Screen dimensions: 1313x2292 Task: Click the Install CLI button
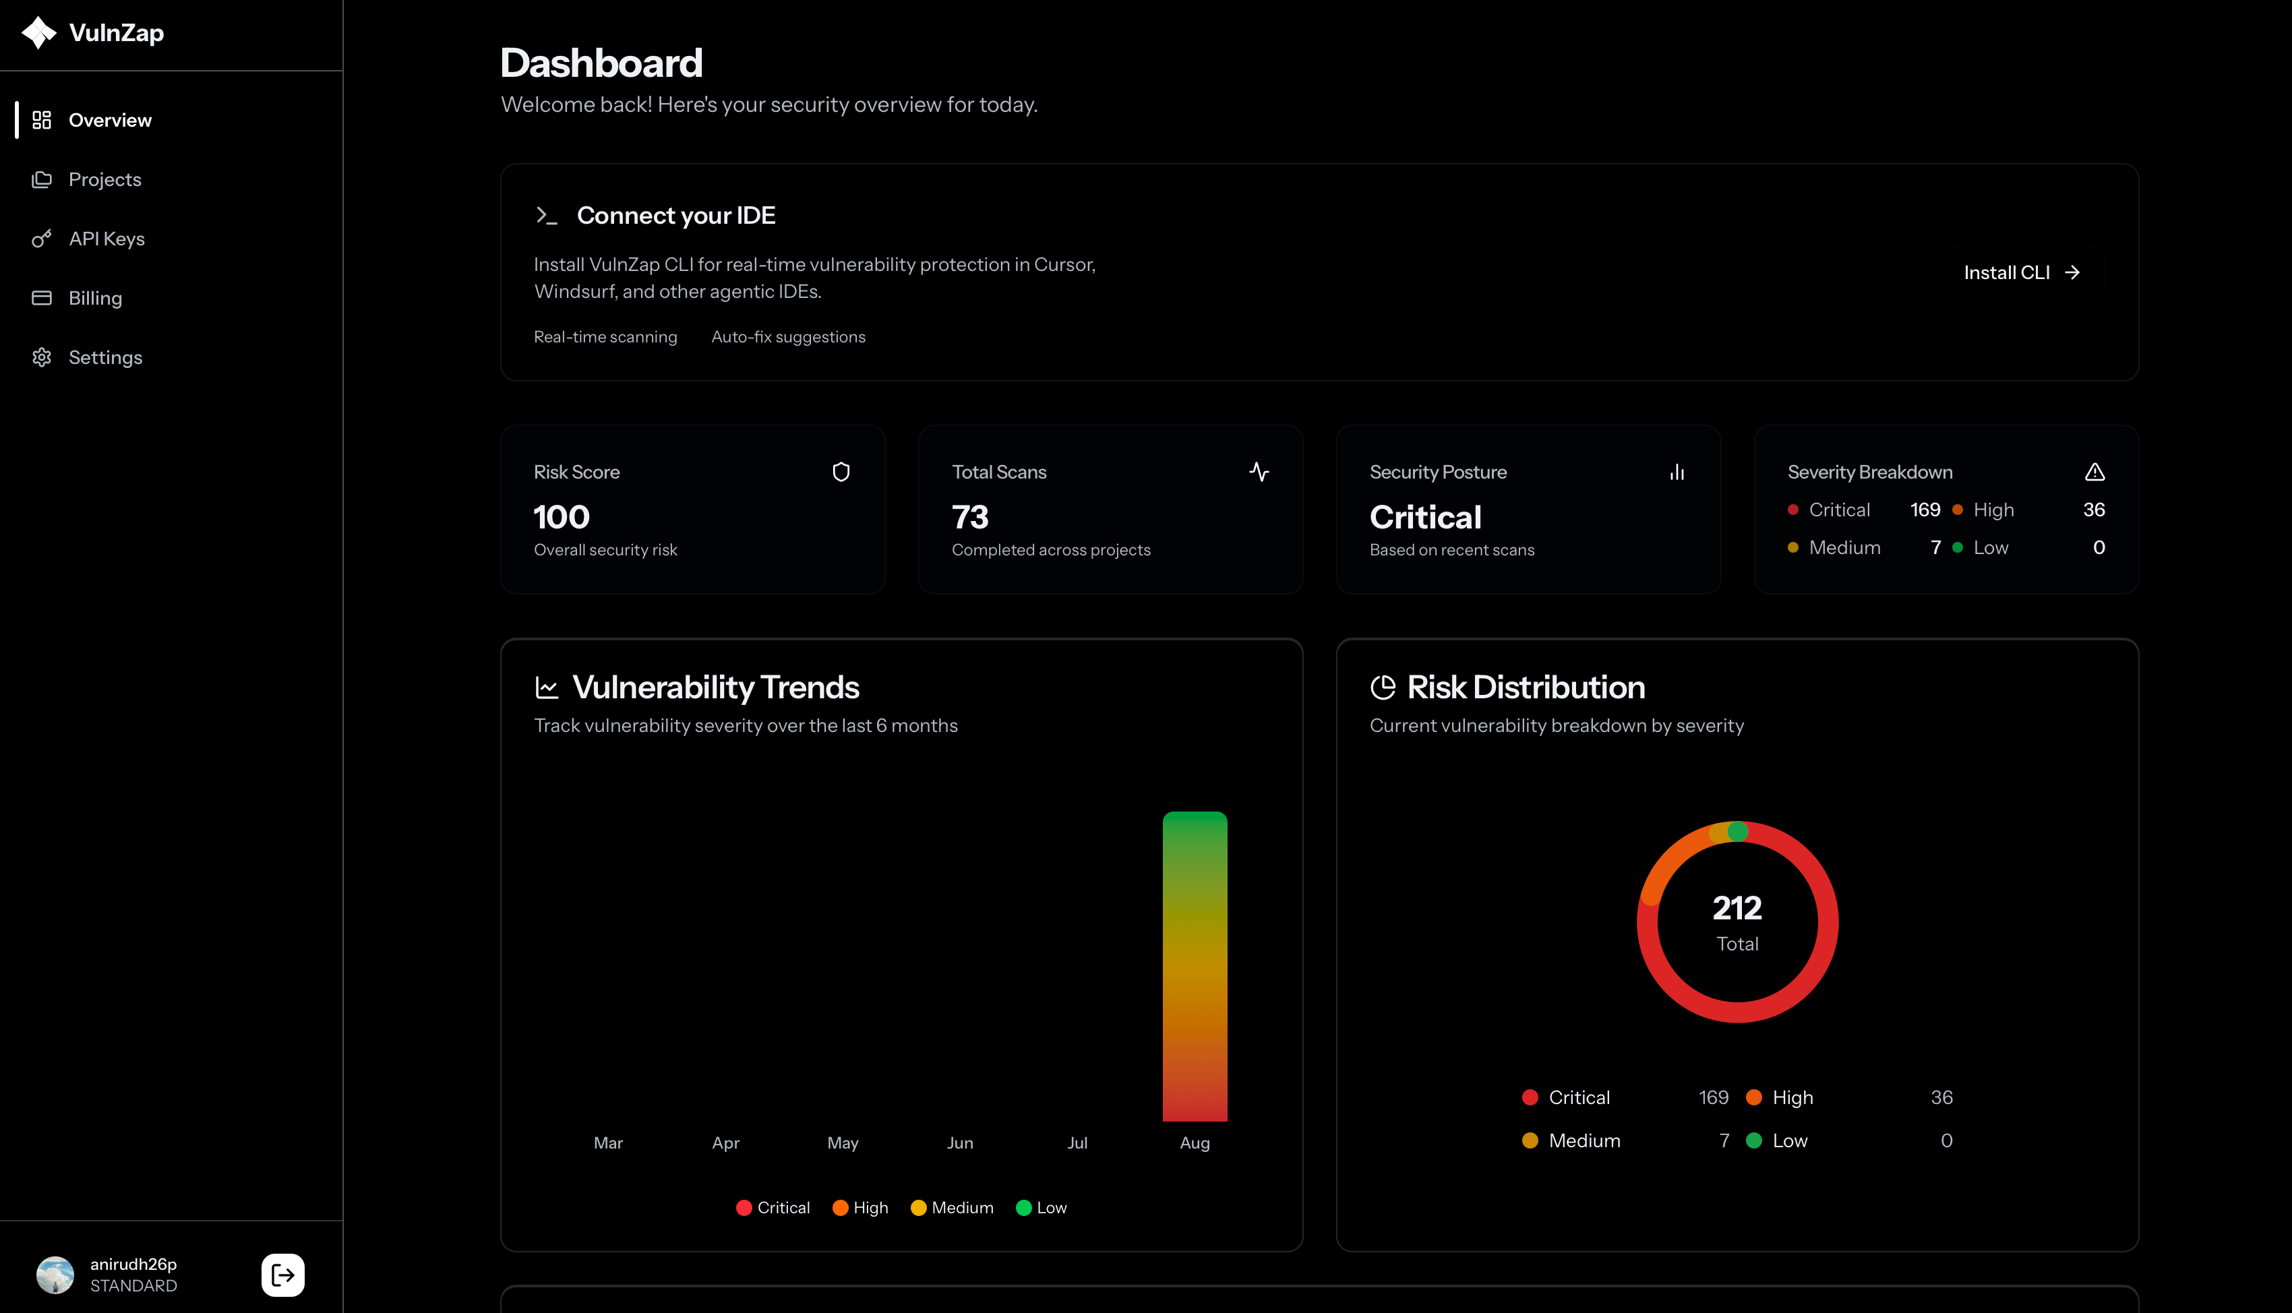tap(2020, 272)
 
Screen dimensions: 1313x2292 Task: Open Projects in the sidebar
tap(104, 179)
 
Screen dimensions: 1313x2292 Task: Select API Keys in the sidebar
tap(107, 239)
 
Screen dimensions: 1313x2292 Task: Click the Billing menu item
tap(94, 299)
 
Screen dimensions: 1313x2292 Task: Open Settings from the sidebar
tap(104, 358)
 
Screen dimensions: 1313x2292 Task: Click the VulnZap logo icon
tap(39, 32)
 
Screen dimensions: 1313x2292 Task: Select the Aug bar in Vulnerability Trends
tap(1195, 965)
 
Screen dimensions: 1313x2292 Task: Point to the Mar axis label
tap(607, 1142)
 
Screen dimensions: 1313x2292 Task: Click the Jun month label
tap(959, 1142)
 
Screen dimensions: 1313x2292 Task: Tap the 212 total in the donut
tap(1737, 907)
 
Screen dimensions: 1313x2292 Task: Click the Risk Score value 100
tap(561, 517)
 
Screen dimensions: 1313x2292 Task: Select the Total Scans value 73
tap(970, 517)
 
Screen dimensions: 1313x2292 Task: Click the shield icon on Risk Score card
tap(841, 472)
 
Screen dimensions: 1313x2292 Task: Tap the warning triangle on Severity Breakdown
tap(2094, 472)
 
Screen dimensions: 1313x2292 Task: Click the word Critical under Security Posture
tap(1424, 517)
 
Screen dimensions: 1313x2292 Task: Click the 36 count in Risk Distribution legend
tap(1941, 1097)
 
